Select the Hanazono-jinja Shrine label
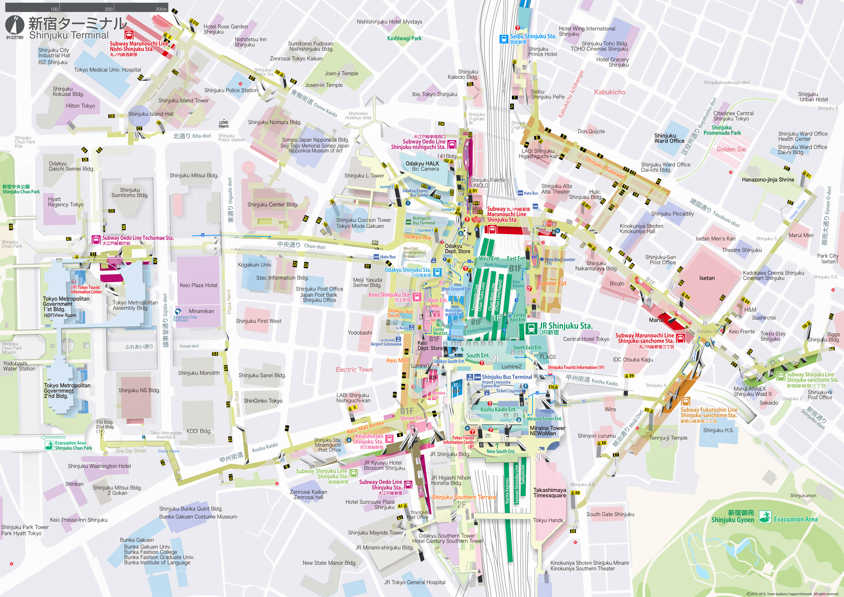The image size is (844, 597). coord(768,180)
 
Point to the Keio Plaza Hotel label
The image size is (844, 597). coord(198,285)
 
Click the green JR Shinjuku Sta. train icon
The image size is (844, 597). coord(531,328)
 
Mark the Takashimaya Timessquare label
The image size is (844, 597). coord(550,493)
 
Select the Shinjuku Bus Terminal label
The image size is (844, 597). coord(507,377)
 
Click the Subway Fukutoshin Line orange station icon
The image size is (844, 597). coord(685,401)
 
